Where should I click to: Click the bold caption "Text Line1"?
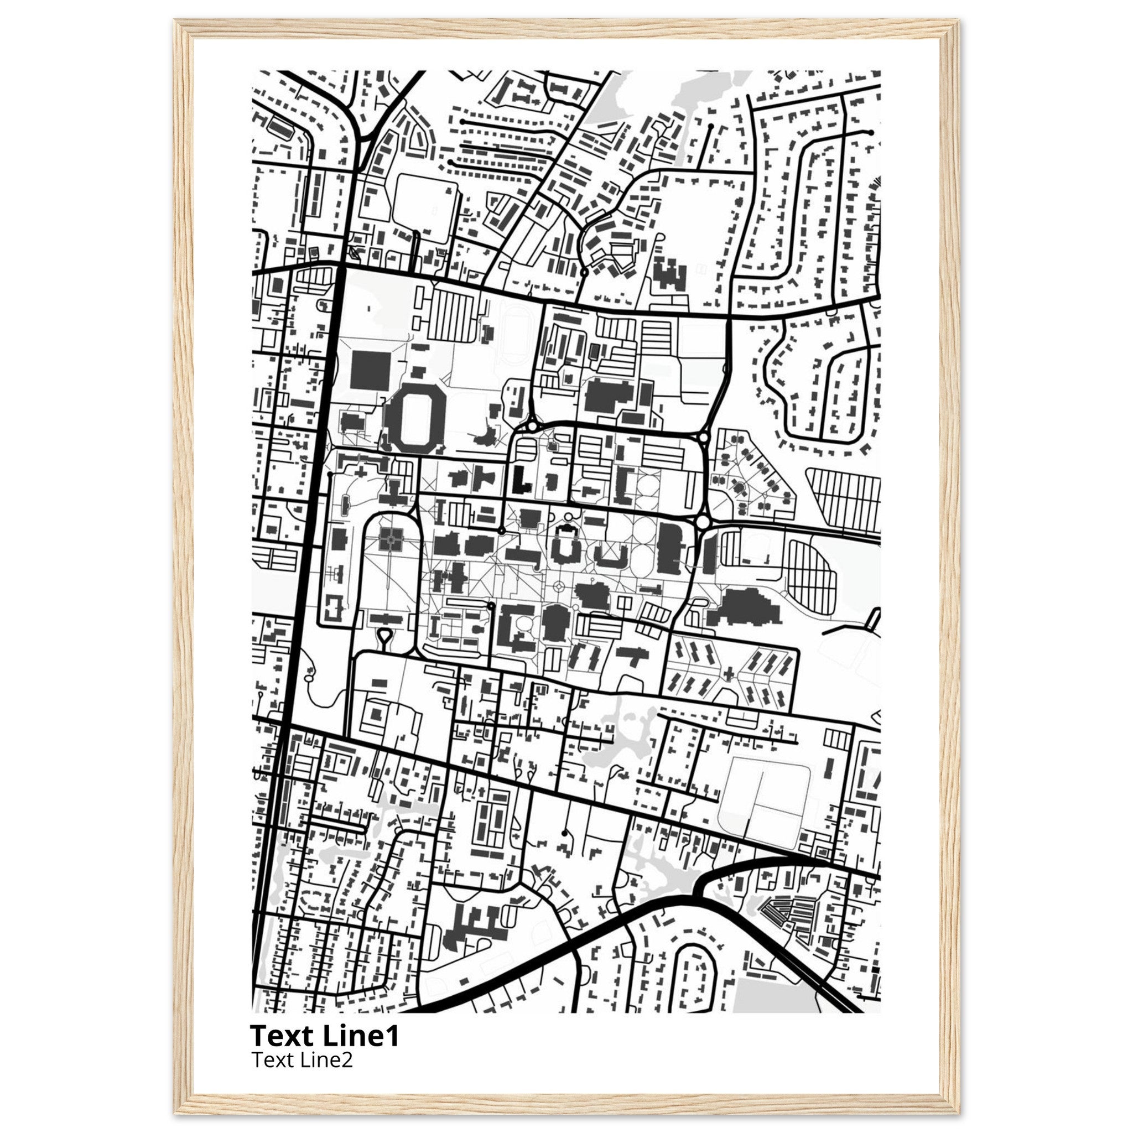point(324,1036)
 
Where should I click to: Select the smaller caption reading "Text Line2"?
point(302,1059)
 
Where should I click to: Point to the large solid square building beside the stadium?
point(370,369)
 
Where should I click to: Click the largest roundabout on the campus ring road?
point(703,521)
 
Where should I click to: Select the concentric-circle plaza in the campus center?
point(558,586)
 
